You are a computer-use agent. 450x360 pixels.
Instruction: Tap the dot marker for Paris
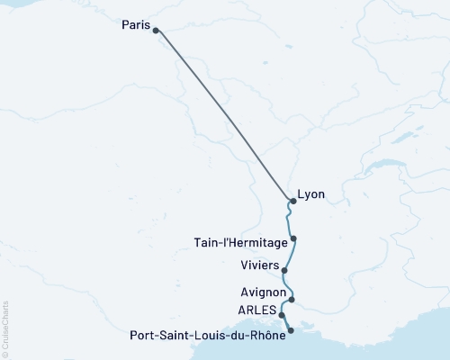coord(156,31)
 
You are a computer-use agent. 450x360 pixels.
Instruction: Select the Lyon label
coord(311,194)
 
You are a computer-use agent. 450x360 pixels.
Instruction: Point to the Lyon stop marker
coord(293,201)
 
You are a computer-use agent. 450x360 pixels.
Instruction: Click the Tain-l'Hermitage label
coord(241,242)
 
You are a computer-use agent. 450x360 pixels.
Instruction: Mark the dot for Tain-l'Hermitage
coord(293,238)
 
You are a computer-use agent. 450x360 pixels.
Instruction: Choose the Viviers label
coord(260,265)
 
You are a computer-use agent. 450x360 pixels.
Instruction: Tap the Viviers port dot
coord(284,270)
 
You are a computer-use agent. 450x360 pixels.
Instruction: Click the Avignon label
coord(264,293)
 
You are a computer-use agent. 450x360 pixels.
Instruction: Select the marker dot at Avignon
coord(292,300)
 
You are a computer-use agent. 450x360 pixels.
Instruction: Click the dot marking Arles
coord(283,316)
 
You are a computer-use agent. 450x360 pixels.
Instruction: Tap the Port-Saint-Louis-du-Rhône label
coord(208,336)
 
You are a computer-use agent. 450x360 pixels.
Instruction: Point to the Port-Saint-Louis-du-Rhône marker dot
coord(290,331)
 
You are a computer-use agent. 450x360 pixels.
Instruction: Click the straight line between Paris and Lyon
coord(225,116)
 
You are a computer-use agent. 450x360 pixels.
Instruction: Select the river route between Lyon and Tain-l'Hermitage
coord(290,220)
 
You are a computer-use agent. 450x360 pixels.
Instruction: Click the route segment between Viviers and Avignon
coord(286,286)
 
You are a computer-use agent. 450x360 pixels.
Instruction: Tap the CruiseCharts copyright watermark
coord(5,328)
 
